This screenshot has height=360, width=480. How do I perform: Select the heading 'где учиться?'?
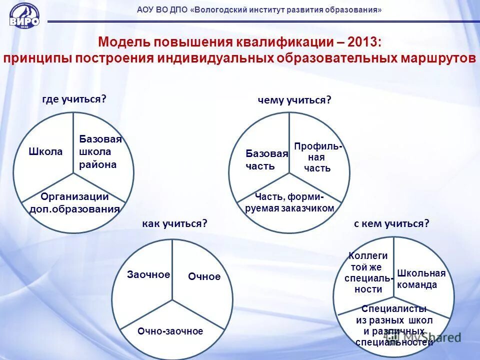pos(74,99)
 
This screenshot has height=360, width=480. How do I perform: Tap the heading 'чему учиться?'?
pos(294,100)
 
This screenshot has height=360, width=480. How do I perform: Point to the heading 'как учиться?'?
pos(174,223)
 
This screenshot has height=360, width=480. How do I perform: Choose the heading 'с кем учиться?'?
pos(391,223)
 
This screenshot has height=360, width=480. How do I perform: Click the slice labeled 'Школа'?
pos(45,151)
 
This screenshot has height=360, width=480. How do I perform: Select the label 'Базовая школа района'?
pos(100,151)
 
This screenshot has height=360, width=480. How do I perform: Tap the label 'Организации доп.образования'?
pos(74,203)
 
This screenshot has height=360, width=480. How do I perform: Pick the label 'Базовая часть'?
pos(266,159)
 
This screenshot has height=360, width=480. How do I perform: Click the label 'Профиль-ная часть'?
pos(318,157)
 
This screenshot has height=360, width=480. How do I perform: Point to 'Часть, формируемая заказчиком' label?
pos(289,202)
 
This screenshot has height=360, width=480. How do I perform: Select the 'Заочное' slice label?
pos(148,274)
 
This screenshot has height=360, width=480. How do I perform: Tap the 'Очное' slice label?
pos(204,276)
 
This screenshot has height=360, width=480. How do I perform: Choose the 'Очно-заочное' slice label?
pos(170,331)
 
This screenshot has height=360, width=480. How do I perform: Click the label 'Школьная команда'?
pos(421,278)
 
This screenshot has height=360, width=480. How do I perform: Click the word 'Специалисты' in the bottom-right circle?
pos(394,308)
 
